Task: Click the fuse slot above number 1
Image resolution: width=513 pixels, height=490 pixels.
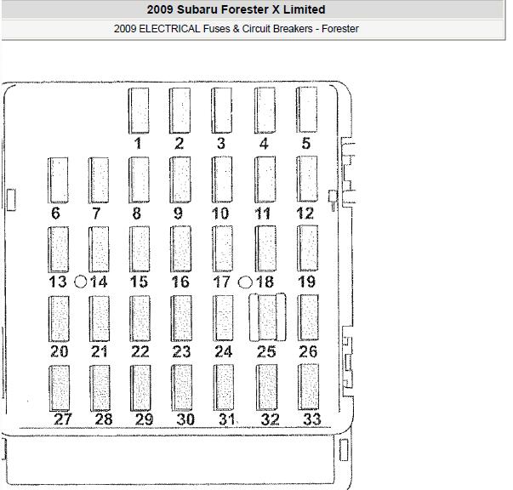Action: tap(139, 111)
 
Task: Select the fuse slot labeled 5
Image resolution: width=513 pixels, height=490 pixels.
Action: tap(307, 110)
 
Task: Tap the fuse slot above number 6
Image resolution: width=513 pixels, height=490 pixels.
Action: tap(58, 180)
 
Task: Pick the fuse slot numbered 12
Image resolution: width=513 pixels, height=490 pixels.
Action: tap(307, 179)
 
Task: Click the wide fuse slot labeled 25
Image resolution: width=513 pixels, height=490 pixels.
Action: tap(267, 317)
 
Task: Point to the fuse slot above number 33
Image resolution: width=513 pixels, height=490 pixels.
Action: tap(308, 387)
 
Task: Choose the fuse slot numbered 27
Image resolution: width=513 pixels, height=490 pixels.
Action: tap(60, 388)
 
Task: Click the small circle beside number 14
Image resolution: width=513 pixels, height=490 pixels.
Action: tap(81, 282)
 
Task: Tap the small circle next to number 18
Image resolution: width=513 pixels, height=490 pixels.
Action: tap(245, 282)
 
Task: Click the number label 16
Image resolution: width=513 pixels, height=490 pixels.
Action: tap(180, 282)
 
